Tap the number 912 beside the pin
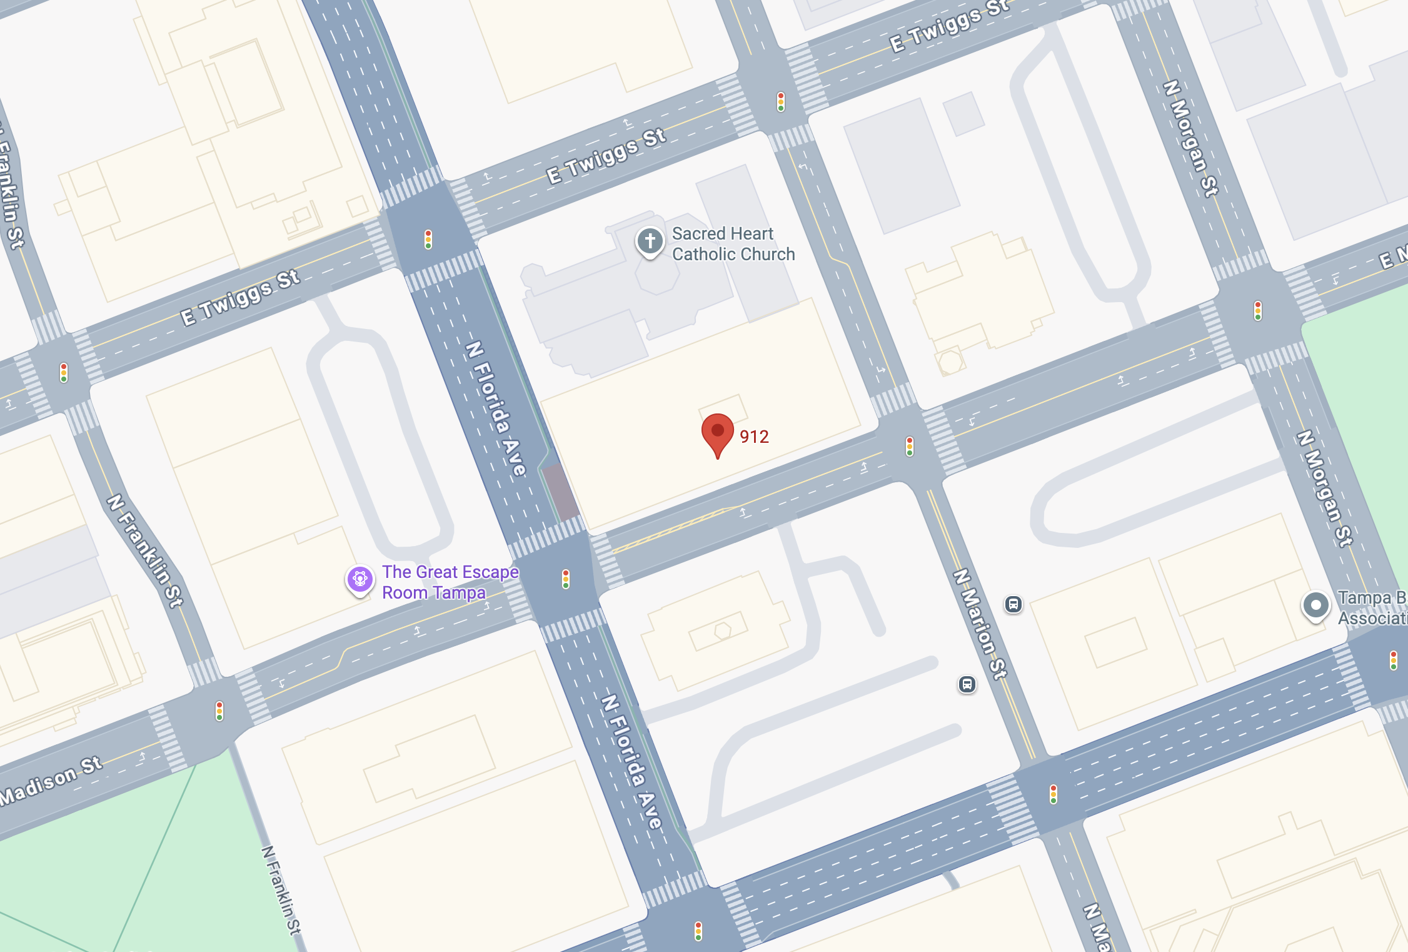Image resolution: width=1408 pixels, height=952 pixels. coord(754,437)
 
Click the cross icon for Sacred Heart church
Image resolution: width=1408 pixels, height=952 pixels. coord(650,241)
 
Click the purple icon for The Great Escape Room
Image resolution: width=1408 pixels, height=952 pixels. coord(360,579)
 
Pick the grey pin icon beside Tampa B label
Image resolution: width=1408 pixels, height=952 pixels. coord(1315,605)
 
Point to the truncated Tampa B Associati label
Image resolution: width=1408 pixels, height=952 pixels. coord(1372,608)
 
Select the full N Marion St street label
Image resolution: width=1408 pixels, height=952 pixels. coord(980,624)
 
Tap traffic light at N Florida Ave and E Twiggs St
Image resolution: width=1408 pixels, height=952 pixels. coord(428,239)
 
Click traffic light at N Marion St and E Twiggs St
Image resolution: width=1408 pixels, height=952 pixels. coord(781,101)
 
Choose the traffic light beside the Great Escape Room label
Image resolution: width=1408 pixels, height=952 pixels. coord(566,579)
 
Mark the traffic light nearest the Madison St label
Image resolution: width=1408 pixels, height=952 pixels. coord(219,711)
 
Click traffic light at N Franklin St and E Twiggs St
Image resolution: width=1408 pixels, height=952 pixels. coord(64,372)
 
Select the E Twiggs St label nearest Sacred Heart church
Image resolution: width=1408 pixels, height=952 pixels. coord(606,156)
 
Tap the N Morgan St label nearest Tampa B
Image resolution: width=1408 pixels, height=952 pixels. coord(1324,488)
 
